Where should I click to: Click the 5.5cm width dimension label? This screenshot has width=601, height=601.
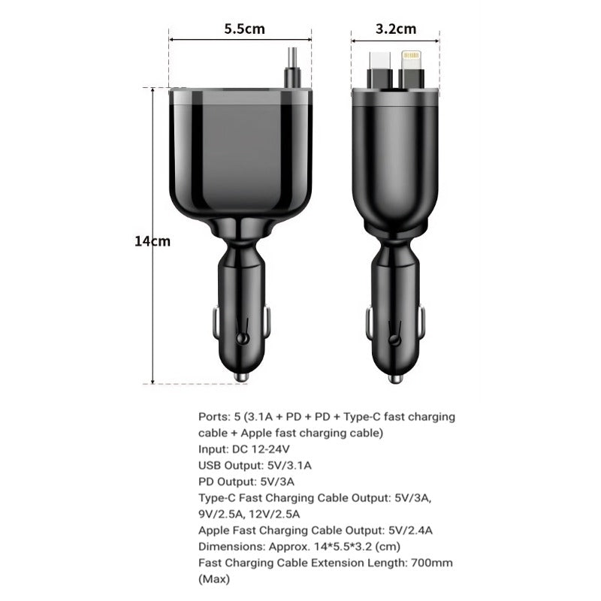coord(244,29)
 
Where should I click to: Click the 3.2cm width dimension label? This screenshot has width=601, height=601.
coord(395,29)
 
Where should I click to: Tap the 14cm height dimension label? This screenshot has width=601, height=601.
coord(153,241)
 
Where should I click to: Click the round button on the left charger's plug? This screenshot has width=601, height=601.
coord(241,339)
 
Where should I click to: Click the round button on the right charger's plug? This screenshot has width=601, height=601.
coord(393,339)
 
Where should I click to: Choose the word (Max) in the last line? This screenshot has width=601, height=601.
coord(214,579)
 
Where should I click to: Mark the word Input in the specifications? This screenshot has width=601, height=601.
coord(213,449)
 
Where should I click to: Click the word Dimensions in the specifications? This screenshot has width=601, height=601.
coord(231,546)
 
